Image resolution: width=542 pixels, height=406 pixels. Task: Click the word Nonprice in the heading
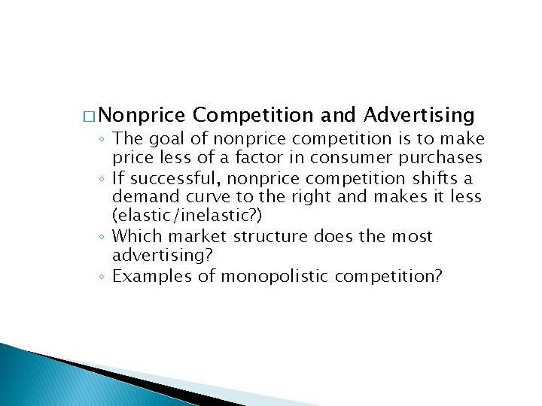[x=141, y=115]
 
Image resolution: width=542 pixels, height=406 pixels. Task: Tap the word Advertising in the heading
[x=419, y=115]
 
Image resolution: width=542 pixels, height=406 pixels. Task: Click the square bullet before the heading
[x=90, y=117]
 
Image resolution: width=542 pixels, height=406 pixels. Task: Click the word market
[x=193, y=237]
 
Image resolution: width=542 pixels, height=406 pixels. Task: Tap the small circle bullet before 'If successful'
[x=103, y=179]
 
